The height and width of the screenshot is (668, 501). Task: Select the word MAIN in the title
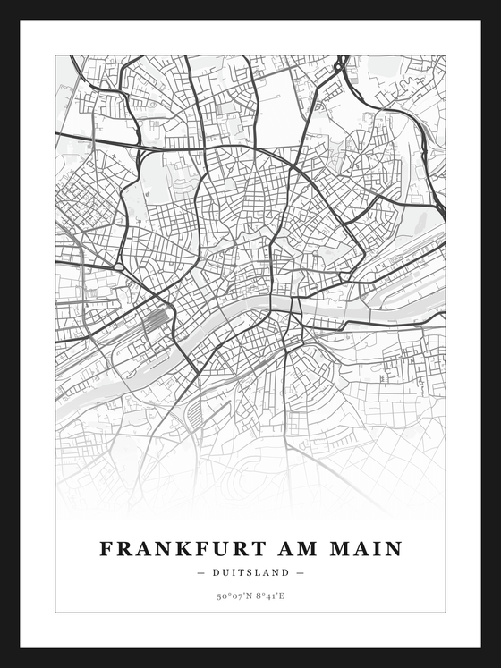(368, 548)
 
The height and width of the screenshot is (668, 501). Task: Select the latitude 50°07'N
(233, 594)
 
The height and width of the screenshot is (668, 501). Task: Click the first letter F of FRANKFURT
(106, 548)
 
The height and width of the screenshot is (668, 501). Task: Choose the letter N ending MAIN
(393, 548)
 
